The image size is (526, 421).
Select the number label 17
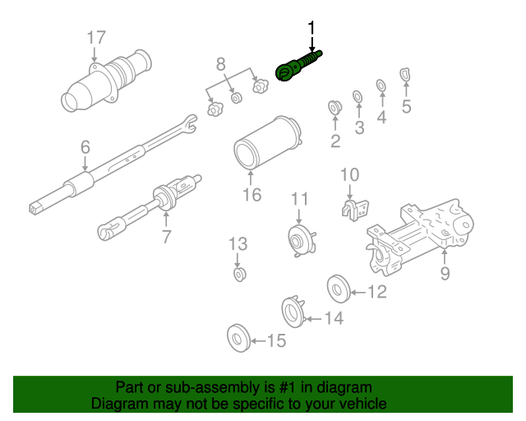[96, 37]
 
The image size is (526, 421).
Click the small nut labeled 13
[240, 272]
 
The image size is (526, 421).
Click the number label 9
[445, 273]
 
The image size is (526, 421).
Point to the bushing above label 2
[335, 107]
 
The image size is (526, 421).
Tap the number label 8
[220, 63]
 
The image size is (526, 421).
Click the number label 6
[85, 148]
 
